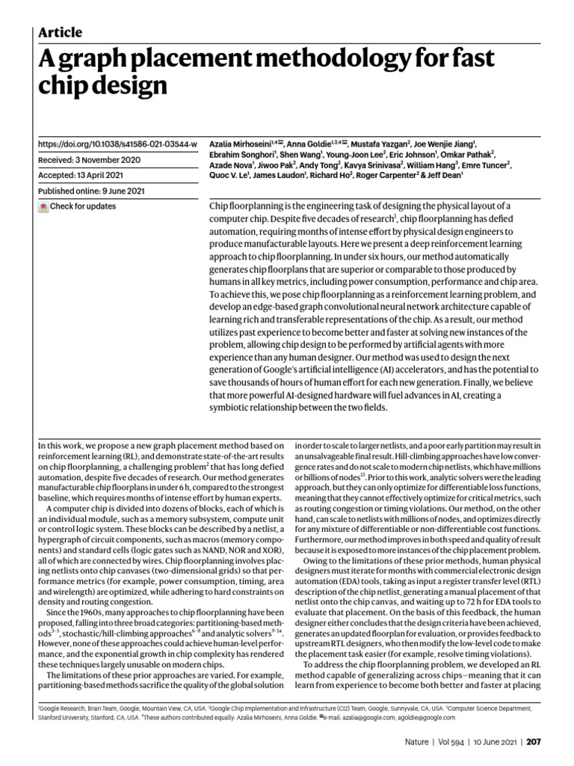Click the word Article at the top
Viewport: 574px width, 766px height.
click(x=60, y=32)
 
